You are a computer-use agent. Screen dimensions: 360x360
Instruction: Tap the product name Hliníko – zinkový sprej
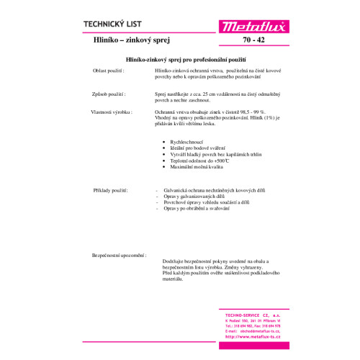(125, 43)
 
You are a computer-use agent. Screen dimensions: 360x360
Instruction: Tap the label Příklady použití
(111, 190)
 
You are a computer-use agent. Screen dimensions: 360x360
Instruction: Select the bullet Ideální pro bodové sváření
(197, 149)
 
